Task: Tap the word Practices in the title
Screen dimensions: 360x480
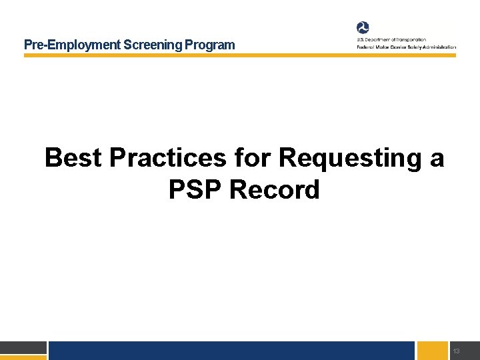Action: point(168,159)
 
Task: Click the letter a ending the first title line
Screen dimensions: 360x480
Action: point(437,160)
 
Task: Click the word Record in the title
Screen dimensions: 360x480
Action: point(274,191)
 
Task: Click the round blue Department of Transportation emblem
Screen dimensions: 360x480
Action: point(363,27)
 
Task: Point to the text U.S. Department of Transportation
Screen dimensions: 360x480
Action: point(391,40)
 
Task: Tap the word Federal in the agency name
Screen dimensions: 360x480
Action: point(366,47)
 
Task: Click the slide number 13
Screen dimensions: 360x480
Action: point(456,351)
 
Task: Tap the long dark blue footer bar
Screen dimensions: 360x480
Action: point(231,351)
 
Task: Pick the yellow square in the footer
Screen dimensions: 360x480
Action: point(432,351)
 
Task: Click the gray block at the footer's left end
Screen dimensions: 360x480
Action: point(23,347)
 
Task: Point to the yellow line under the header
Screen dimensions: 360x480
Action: point(240,55)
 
